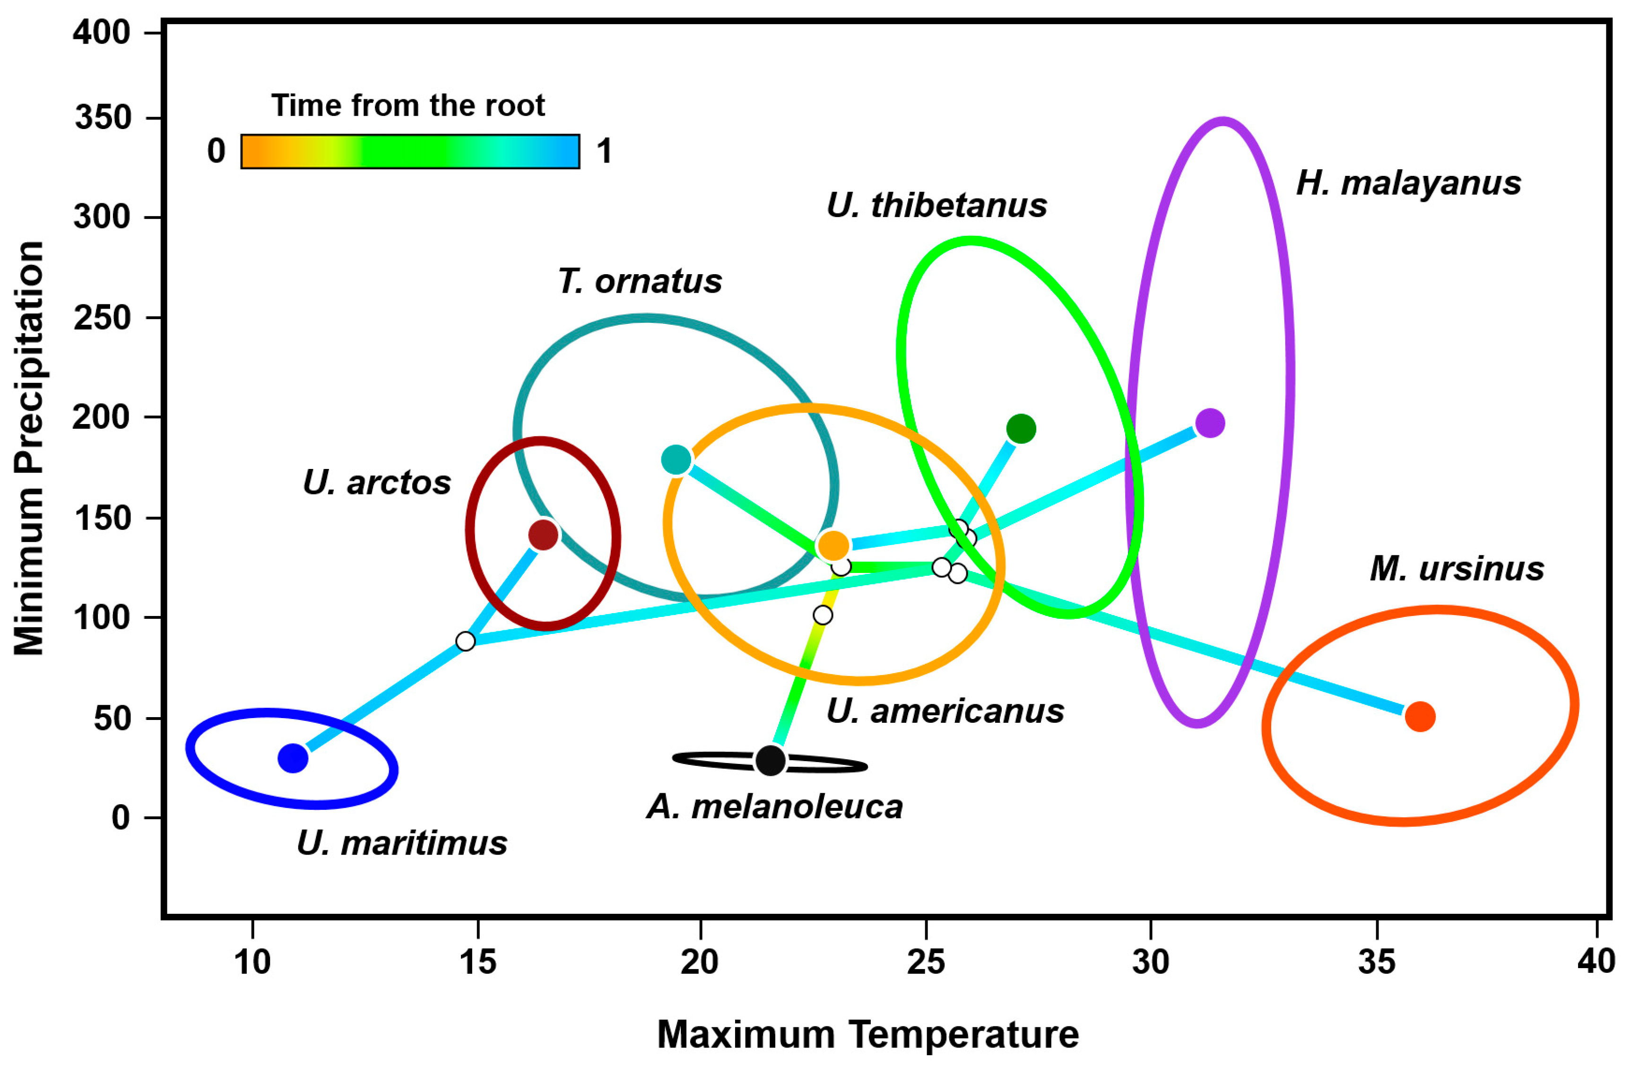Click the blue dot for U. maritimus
coord(293,758)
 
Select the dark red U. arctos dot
coord(544,535)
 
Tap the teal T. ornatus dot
coord(676,459)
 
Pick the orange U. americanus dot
coord(833,546)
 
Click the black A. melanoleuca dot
coord(771,760)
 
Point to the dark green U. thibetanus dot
coord(1021,429)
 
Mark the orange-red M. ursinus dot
coord(1420,717)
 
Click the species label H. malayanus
coord(1408,183)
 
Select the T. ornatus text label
coord(640,281)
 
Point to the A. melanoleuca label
coord(775,806)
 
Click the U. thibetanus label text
coord(936,205)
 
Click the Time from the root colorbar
coord(410,151)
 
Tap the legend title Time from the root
coord(408,105)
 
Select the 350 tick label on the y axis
coord(103,118)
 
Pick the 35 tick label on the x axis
coord(1376,962)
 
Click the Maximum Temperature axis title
coord(868,1034)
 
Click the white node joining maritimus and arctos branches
coord(466,641)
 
